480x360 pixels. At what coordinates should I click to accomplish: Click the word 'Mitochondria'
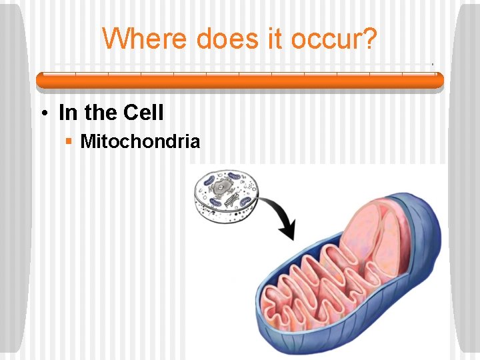click(x=139, y=141)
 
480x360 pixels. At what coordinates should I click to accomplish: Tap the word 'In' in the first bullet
click(x=68, y=113)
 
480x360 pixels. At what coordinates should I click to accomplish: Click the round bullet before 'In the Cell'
click(x=42, y=113)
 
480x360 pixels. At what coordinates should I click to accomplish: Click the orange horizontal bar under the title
click(x=239, y=80)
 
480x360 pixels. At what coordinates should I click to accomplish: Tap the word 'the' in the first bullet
click(x=101, y=113)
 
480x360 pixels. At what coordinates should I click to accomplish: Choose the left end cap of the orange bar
click(x=39, y=80)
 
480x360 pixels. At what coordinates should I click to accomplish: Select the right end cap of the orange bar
click(x=439, y=80)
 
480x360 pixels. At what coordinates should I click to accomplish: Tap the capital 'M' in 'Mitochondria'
click(x=87, y=141)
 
